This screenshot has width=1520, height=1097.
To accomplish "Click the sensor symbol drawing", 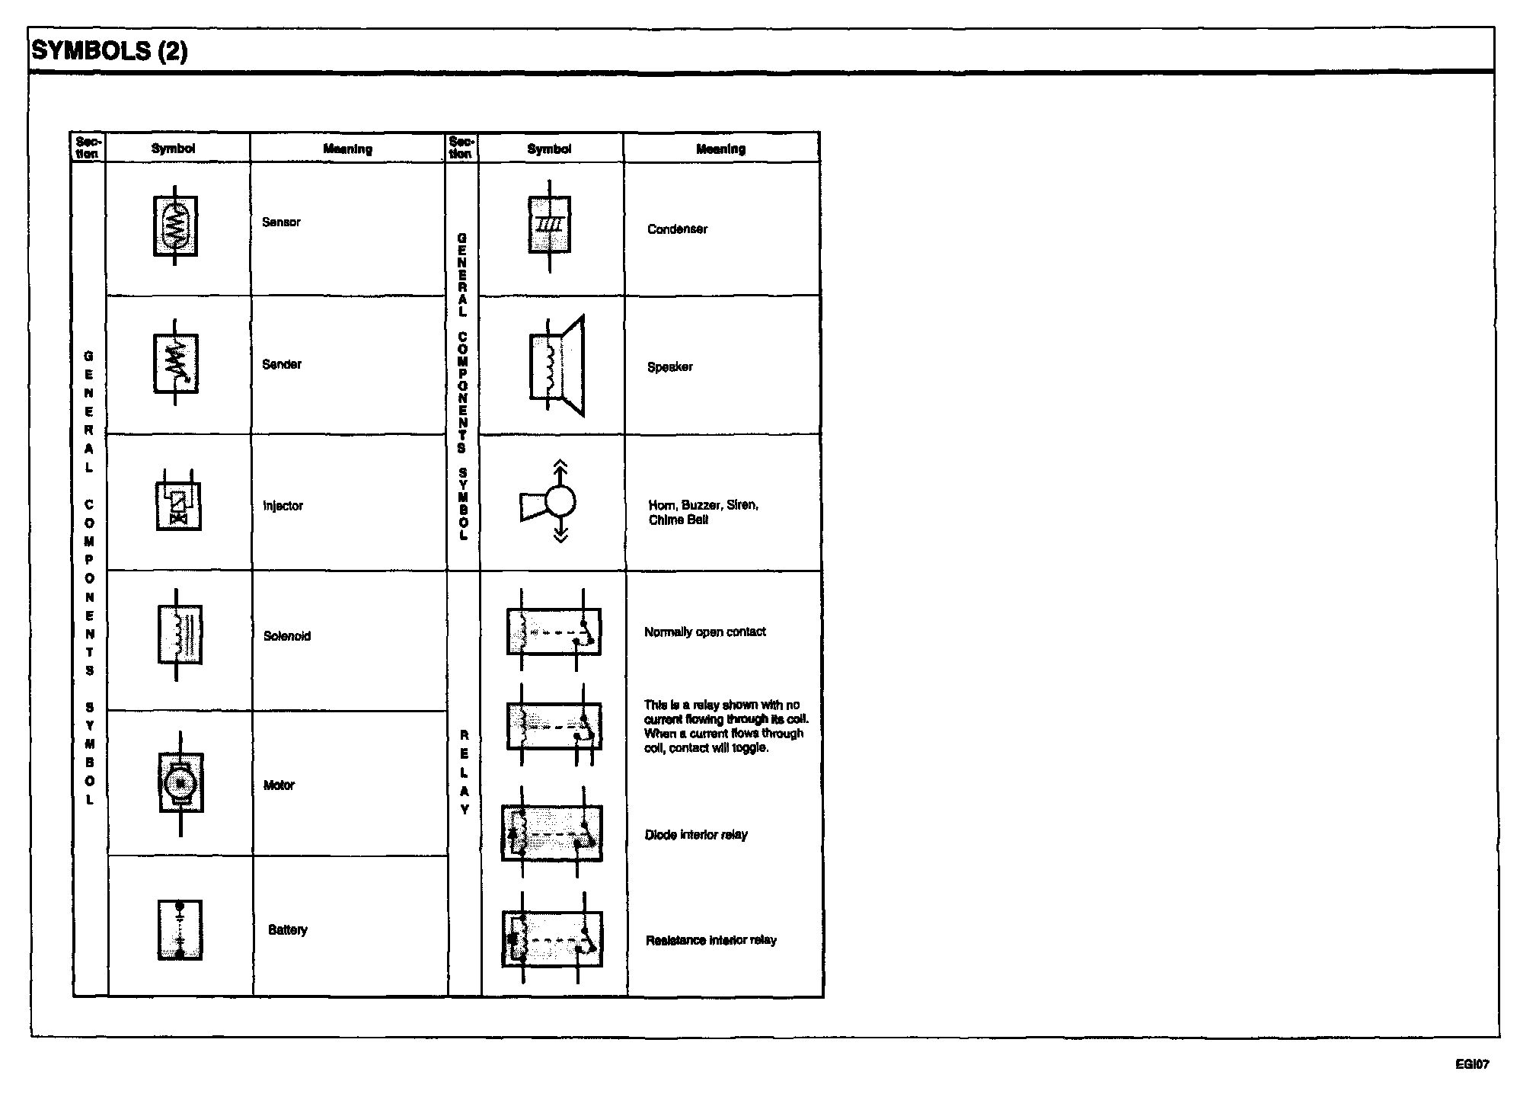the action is pos(175,225).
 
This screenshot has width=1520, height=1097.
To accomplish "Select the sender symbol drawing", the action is pos(176,363).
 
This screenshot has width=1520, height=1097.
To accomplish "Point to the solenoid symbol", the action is pos(180,635).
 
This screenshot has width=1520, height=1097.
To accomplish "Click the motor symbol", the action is pos(180,783).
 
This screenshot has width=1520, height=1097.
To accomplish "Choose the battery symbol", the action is pos(180,930).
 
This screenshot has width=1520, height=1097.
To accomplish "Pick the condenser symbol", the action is pos(549,225).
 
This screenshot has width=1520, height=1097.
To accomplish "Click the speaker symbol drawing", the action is pos(557,366).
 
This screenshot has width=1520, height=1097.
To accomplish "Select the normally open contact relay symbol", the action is pos(554,631).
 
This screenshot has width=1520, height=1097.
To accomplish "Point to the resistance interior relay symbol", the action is pos(552,939).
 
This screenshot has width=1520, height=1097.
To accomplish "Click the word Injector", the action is pos(283,506).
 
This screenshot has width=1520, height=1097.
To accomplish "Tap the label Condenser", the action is pos(677,229).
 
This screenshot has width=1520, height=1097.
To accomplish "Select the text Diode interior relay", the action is pos(696,835).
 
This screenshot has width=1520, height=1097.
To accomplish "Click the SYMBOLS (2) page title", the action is pos(109,51).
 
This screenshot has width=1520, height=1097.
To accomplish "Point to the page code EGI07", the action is pos(1472,1064).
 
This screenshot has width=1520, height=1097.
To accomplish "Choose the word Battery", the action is pos(288,930).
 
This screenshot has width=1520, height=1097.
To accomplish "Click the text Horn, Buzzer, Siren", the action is pos(703,505).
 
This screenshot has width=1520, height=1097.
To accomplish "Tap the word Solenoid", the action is pos(287,636).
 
